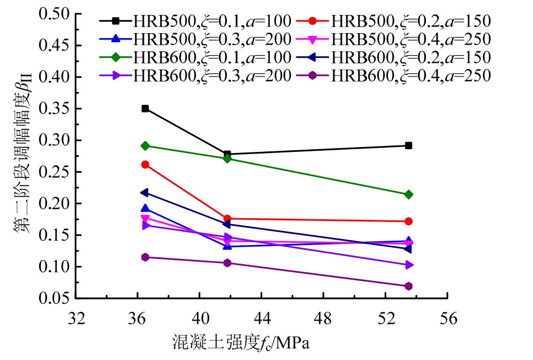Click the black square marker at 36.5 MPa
(x=145, y=109)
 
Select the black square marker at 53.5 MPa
(x=408, y=145)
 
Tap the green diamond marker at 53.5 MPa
(x=408, y=195)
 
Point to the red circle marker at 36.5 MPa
(x=145, y=165)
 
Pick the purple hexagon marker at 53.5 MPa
(x=408, y=286)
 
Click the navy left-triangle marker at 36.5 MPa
(x=145, y=193)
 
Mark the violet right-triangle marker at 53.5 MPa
(x=408, y=265)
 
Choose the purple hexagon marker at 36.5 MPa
(x=145, y=257)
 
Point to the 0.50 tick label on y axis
(x=55, y=14)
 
